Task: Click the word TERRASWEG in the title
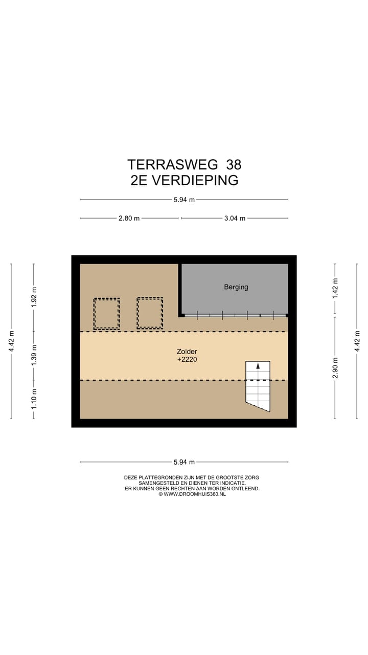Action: pos(169,164)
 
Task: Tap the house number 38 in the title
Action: pos(232,164)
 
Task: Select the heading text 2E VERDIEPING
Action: pos(184,180)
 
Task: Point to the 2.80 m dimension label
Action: pos(129,218)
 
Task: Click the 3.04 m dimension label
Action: pos(235,218)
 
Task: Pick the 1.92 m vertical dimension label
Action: pos(34,298)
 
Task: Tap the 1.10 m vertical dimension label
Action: pos(34,400)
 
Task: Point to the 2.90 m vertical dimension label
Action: pos(335,367)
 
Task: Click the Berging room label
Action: pos(236,287)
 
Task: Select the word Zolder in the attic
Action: pos(187,352)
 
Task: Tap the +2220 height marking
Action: pos(187,360)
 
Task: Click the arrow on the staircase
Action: pos(258,366)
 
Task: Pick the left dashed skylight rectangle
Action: pos(106,314)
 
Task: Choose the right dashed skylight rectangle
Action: pos(150,313)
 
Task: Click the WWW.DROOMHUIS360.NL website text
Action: pos(195,494)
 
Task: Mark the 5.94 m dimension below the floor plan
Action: pos(184,462)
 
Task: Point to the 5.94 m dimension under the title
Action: pos(184,200)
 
